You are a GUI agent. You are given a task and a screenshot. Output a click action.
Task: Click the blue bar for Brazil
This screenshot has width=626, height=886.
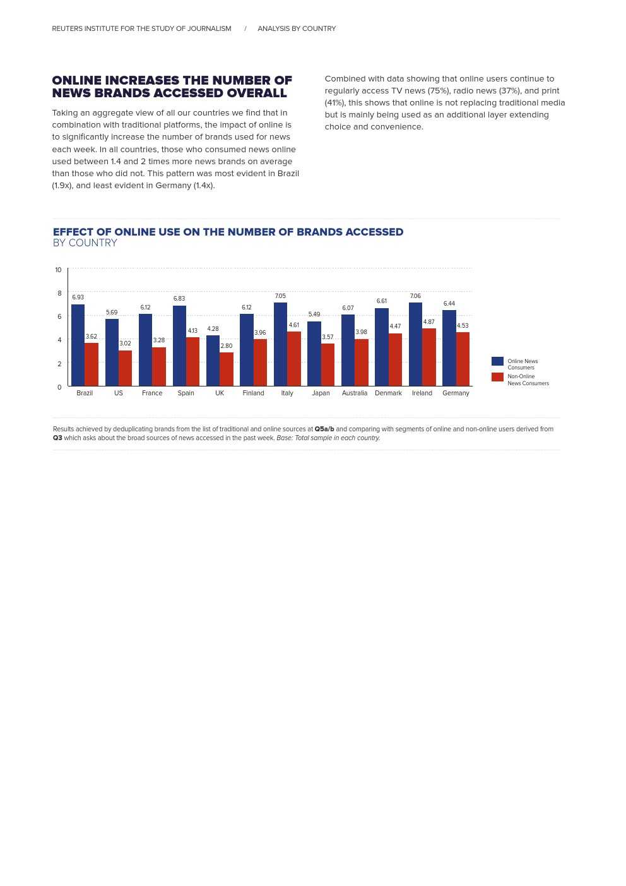(x=78, y=345)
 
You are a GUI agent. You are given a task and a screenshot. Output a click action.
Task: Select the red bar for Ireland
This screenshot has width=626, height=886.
(x=428, y=357)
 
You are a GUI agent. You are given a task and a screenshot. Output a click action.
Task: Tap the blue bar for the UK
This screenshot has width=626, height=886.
(x=213, y=361)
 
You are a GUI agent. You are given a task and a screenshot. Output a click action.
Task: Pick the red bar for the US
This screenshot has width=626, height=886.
(x=125, y=368)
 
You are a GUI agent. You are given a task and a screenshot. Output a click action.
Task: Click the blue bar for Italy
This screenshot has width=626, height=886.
(x=280, y=344)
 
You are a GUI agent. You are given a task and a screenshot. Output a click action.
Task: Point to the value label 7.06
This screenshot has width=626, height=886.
(x=415, y=296)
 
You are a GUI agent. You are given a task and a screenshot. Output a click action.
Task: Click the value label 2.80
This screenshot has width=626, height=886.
(x=226, y=346)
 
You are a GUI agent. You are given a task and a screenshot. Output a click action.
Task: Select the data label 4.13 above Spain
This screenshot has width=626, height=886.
(x=192, y=331)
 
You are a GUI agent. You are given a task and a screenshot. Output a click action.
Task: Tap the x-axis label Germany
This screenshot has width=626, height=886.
(x=456, y=393)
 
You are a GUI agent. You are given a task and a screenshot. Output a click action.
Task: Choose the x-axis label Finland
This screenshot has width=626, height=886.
(x=253, y=393)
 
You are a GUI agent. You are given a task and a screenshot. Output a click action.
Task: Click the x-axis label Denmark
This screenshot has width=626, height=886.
(x=388, y=393)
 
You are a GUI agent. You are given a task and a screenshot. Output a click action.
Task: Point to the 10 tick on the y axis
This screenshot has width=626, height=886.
(x=58, y=270)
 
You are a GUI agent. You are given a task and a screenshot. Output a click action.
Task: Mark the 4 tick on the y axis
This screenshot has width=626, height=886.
(x=59, y=340)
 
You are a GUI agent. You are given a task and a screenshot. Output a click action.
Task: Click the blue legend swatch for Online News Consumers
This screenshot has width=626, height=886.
(x=497, y=361)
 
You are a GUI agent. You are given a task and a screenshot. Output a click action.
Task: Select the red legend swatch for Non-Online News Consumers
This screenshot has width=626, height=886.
(x=497, y=377)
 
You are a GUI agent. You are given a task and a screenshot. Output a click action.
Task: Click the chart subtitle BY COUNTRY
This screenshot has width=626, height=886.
(x=85, y=243)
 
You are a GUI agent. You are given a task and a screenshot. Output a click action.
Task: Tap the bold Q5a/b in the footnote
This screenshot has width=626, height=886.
(x=324, y=429)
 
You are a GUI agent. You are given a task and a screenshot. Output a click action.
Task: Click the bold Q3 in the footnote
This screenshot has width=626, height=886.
(x=57, y=438)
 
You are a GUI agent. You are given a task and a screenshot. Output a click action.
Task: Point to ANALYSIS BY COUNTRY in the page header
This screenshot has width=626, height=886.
(x=297, y=28)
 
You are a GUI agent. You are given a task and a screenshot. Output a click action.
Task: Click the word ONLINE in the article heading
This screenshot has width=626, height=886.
(x=76, y=80)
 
